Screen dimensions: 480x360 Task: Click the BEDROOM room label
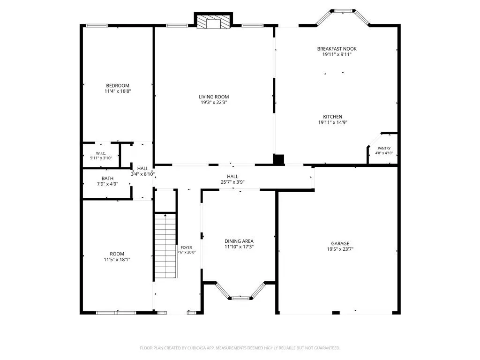[118, 86]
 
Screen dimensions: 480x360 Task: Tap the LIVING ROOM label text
[214, 97]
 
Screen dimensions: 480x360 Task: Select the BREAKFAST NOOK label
[337, 49]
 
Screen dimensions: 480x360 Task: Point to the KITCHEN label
[332, 117]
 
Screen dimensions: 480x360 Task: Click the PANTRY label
[384, 148]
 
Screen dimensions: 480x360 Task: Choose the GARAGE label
[340, 244]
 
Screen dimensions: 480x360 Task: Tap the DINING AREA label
[239, 241]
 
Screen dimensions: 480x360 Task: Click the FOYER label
[187, 247]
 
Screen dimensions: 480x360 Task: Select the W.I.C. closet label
[101, 153]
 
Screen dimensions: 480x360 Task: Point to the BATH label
[107, 179]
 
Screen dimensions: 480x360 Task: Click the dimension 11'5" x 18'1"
[117, 260]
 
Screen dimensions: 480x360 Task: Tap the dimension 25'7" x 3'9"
[232, 182]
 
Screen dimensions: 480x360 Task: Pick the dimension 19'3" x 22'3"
[214, 103]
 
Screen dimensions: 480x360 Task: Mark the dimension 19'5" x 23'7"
[340, 249]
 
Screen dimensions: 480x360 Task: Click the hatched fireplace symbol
[213, 22]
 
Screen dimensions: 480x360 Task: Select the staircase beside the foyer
[165, 246]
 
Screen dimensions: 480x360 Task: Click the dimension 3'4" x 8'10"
[142, 174]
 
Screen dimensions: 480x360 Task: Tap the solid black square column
[278, 160]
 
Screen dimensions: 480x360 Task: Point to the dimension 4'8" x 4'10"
[384, 153]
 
